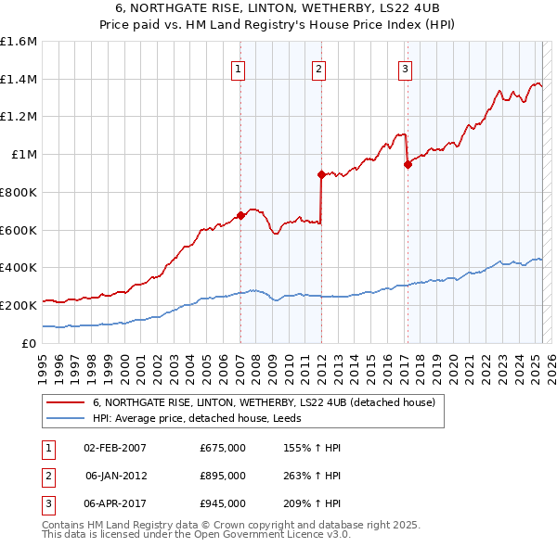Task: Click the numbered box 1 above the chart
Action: pos(239,68)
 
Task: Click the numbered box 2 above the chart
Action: pos(318,68)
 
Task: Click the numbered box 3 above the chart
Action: pos(406,68)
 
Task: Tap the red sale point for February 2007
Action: pos(240,215)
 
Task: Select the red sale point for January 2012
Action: pos(321,174)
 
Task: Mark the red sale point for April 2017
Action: pos(408,165)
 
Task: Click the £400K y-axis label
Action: pos(19,268)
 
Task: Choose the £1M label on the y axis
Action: pos(24,155)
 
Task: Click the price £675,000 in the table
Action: pos(223,448)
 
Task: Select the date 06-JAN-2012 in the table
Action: pos(115,476)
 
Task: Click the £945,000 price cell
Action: pos(223,503)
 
